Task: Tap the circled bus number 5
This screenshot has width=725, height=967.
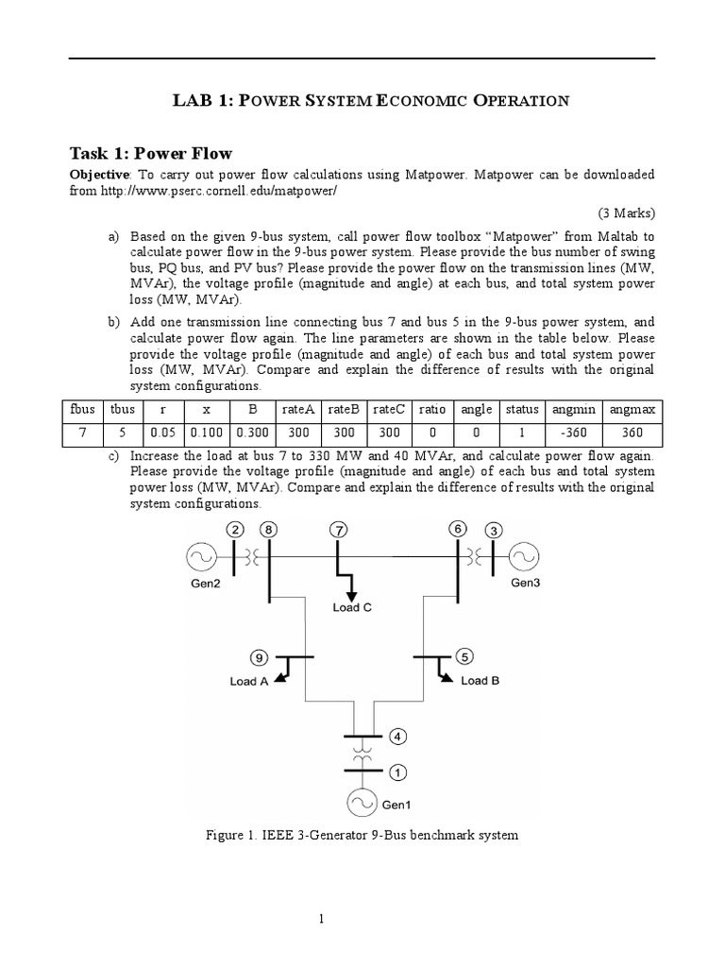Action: coord(464,655)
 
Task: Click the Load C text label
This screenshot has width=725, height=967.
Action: coord(352,607)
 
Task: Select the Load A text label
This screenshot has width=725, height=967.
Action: coord(249,680)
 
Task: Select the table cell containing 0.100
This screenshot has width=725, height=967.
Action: coord(204,435)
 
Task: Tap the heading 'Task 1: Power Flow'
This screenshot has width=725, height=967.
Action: coord(151,153)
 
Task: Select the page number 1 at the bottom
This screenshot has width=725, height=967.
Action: coord(323,919)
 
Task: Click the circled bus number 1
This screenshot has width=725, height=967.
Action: coord(397,772)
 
